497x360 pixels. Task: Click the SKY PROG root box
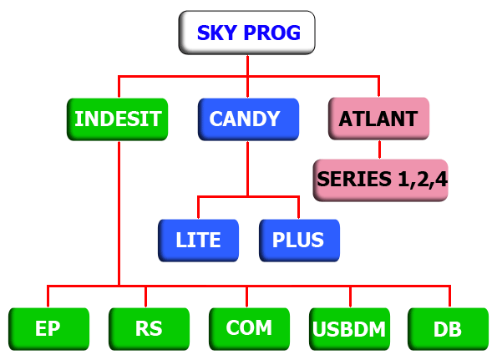coord(247,33)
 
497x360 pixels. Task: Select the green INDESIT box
coord(117,119)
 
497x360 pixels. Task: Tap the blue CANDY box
coord(249,119)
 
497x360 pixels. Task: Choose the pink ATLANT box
coord(378,119)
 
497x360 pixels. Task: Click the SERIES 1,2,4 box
coord(380,180)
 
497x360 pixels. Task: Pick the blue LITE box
coord(199,241)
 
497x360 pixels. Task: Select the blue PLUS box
coord(300,241)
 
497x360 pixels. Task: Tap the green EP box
coord(48,329)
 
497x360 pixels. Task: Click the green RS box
coord(149,329)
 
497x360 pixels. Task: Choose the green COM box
coord(249,329)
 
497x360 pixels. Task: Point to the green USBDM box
coord(350,329)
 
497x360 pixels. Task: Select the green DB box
coord(449,329)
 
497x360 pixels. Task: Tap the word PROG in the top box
coord(272,33)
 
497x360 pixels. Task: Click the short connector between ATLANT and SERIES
coord(379,150)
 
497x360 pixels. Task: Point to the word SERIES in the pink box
coord(354,179)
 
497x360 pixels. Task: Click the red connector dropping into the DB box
coord(449,297)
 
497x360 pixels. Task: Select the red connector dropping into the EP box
coord(48,297)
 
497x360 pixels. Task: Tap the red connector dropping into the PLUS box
coord(298,208)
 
